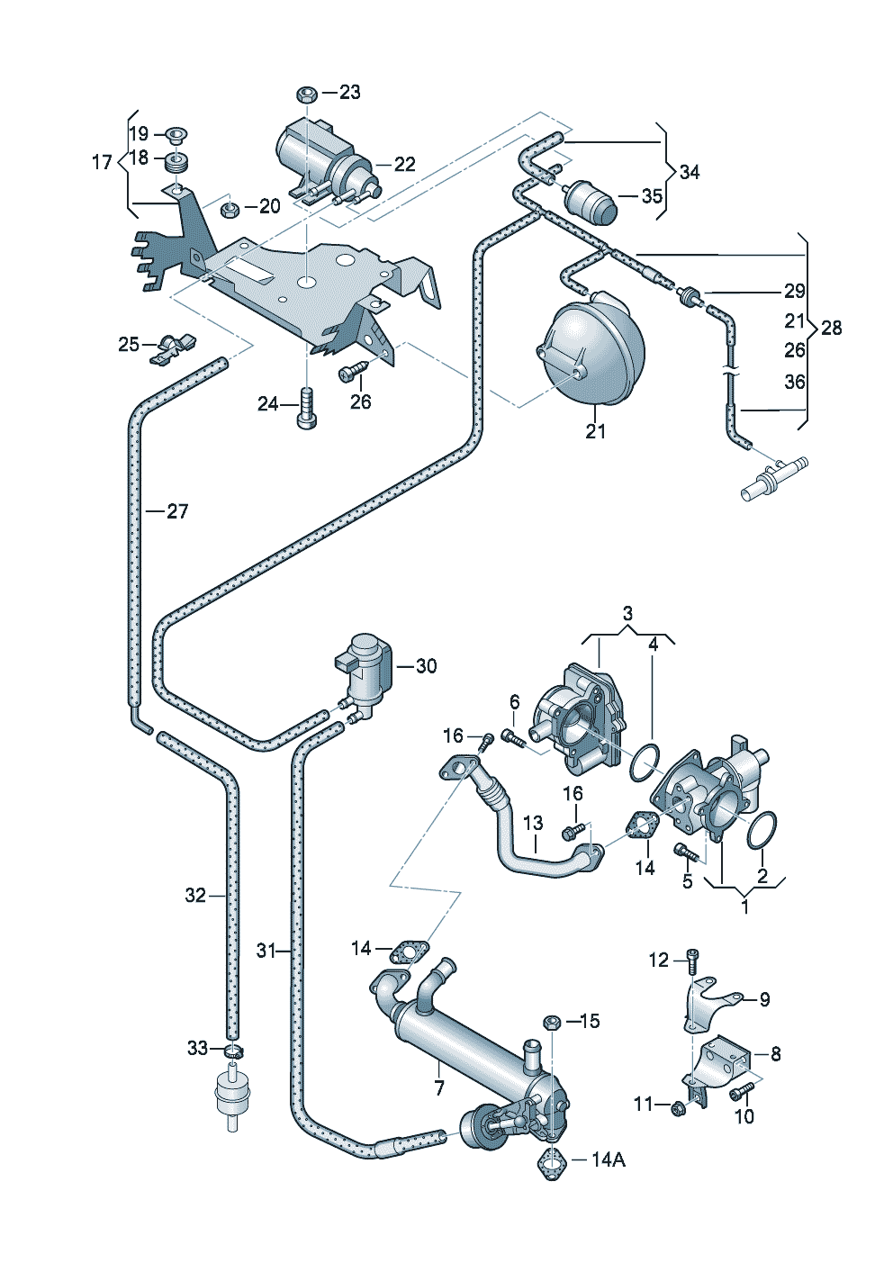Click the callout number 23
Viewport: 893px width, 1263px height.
[349, 92]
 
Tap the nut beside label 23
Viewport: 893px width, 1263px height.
[306, 93]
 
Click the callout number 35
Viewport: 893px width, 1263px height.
[652, 195]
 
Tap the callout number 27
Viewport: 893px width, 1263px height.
[177, 511]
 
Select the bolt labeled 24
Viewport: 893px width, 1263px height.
[306, 410]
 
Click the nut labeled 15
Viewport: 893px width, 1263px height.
[553, 1022]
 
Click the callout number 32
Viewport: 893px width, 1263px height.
[195, 895]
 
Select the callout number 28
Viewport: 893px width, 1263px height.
[831, 328]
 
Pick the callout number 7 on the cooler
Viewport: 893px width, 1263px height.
[439, 1088]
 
